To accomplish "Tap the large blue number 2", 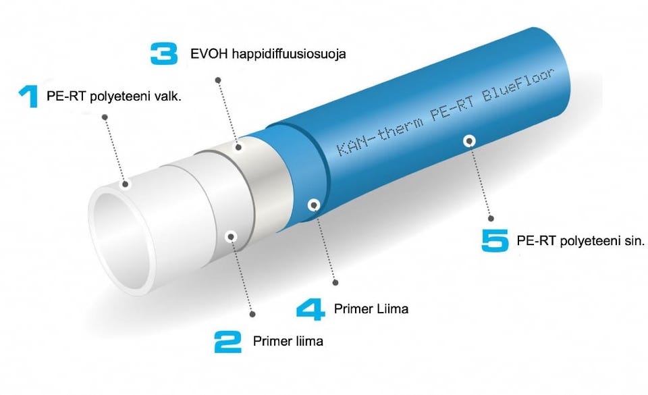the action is coord(227,342).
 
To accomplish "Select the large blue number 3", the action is coord(164,54).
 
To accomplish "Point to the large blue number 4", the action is coord(310,310).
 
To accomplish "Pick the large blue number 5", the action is coord(495,240).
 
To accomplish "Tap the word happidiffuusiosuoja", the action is coord(289,54).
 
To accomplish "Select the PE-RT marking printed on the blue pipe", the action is coord(452,109).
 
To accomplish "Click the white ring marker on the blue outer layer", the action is coord(468,141).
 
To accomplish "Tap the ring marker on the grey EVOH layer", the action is coord(238,147).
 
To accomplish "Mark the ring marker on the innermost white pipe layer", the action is coord(126,184).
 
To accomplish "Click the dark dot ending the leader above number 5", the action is coord(491,219).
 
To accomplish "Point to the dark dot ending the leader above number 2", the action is coord(252,315).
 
